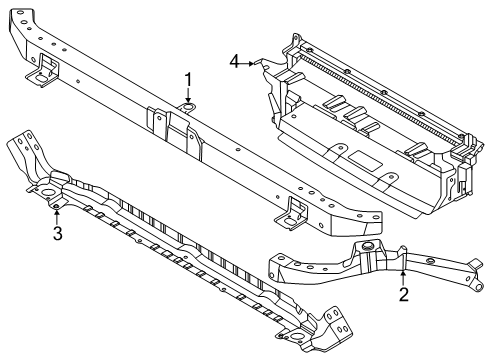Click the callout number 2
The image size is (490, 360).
pos(403,294)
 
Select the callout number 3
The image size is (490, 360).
pos(57,234)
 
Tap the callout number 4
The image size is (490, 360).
pos(234,62)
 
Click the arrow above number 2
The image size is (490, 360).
pos(403,276)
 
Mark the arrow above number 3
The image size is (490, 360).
pos(57,213)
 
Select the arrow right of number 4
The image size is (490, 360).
pos(251,62)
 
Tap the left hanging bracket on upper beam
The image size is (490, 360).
pos(45,70)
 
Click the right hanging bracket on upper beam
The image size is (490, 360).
pos(296,209)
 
